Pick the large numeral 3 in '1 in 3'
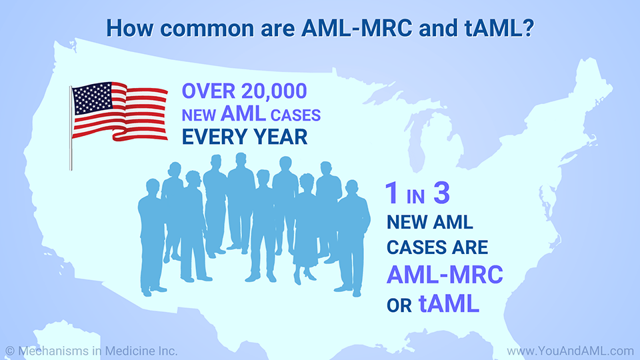point(439,194)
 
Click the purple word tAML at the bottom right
point(449,304)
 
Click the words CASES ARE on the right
point(438,247)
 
